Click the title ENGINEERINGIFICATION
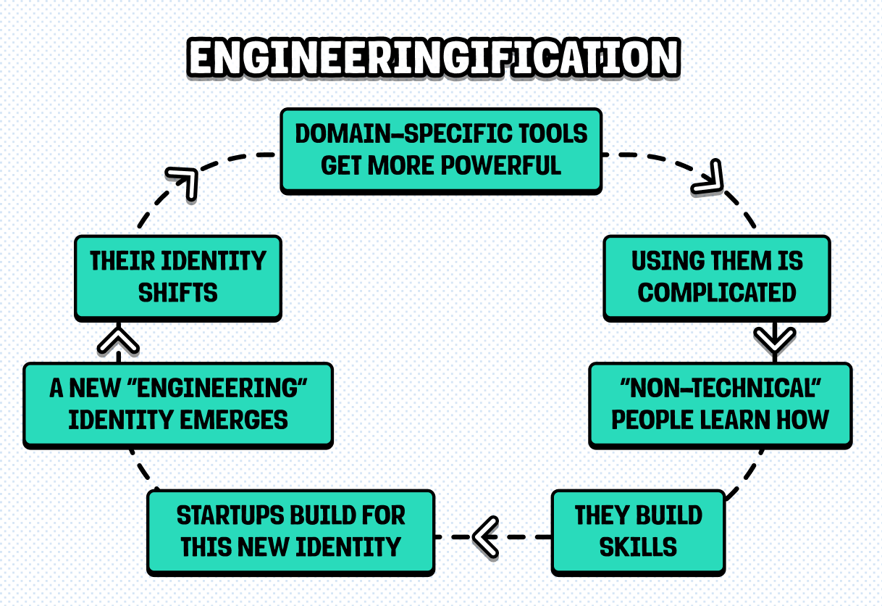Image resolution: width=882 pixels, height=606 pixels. pyautogui.click(x=433, y=58)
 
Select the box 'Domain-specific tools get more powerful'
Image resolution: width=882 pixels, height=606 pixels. pyautogui.click(x=441, y=150)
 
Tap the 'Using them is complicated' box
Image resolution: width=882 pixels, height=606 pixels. pyautogui.click(x=717, y=277)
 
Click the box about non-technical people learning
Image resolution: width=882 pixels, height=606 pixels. pyautogui.click(x=720, y=404)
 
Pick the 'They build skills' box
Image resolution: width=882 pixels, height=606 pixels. pyautogui.click(x=638, y=531)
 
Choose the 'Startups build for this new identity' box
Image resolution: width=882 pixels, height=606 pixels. pyautogui.click(x=290, y=531)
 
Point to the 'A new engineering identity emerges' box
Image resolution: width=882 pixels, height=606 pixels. pyautogui.click(x=178, y=404)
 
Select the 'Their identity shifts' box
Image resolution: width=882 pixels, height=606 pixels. pyautogui.click(x=178, y=277)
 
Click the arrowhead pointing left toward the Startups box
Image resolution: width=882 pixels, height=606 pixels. pyautogui.click(x=485, y=536)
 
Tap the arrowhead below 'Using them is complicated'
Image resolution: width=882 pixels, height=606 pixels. pyautogui.click(x=775, y=340)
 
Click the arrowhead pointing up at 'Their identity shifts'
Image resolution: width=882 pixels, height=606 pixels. pyautogui.click(x=118, y=341)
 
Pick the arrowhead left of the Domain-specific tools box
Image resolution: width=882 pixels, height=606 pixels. pyautogui.click(x=184, y=181)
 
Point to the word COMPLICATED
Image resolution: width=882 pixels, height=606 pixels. pyautogui.click(x=717, y=293)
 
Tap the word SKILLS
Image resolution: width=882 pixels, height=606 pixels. pyautogui.click(x=638, y=547)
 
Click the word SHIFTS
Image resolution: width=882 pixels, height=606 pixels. pyautogui.click(x=178, y=293)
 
